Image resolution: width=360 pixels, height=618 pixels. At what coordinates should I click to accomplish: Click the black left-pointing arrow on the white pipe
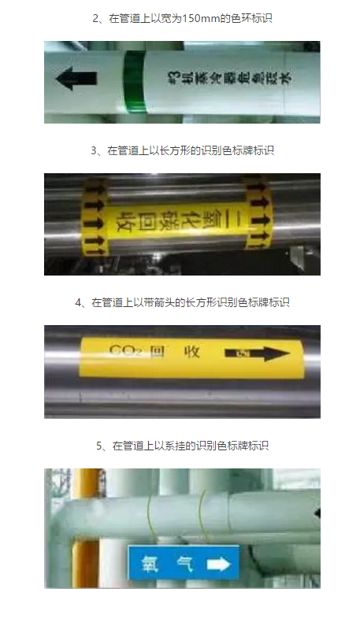click(76, 79)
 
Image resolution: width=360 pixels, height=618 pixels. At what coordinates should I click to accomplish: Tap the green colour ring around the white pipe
click(135, 82)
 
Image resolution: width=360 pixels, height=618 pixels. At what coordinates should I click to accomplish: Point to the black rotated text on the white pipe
click(232, 77)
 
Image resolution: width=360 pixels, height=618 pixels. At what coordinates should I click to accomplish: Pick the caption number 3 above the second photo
click(95, 149)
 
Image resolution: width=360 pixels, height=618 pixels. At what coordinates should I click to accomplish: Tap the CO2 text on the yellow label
click(127, 348)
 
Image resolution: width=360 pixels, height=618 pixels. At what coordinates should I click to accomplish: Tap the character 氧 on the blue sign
click(147, 564)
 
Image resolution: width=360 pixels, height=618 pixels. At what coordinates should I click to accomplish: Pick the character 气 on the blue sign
click(183, 564)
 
